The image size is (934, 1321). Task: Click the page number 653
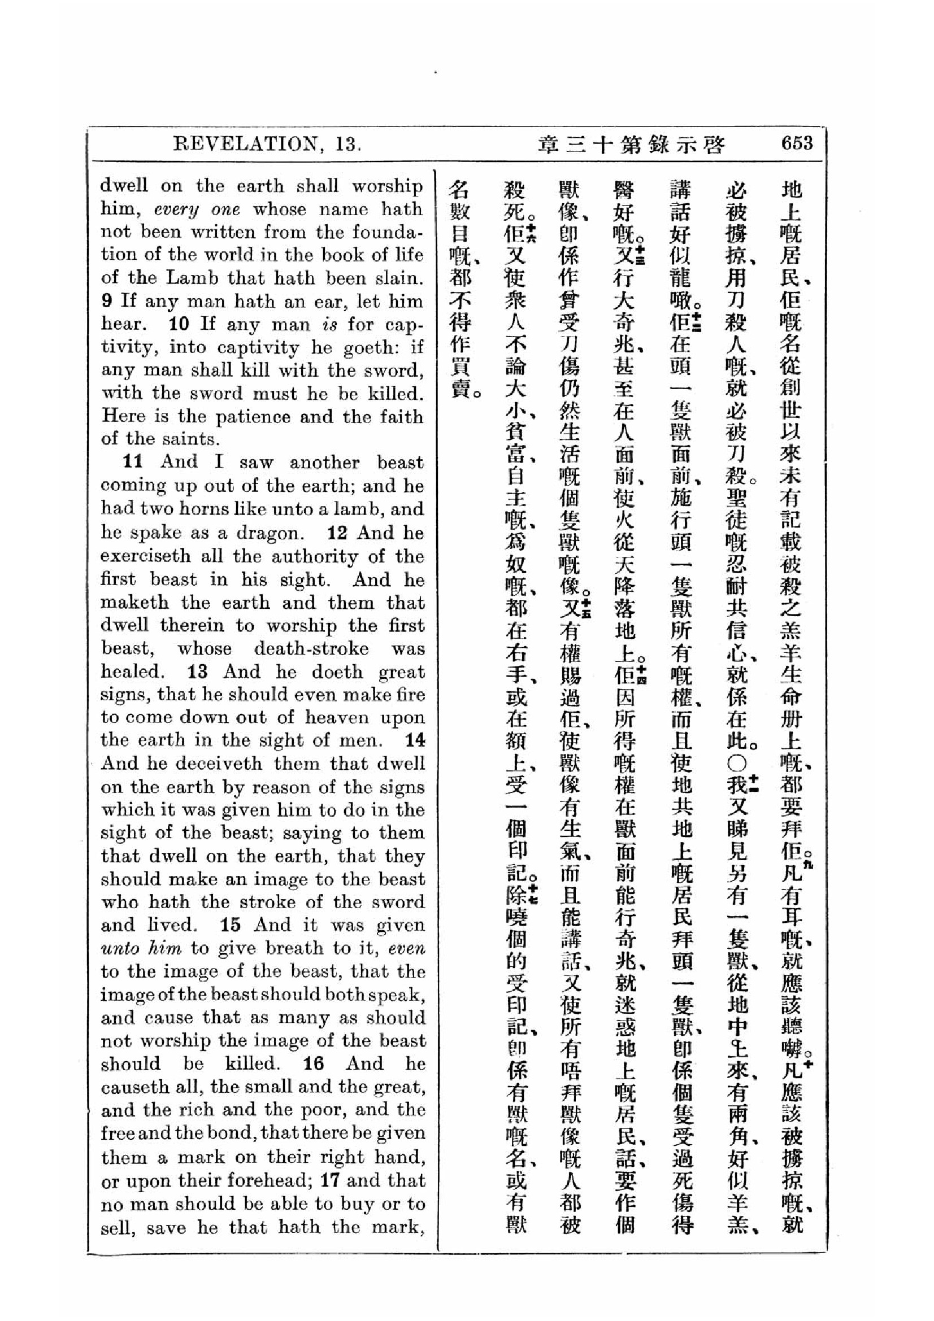[797, 143]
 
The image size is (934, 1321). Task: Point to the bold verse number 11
[133, 461]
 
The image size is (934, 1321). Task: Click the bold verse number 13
[197, 672]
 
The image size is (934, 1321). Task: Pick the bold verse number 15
[229, 925]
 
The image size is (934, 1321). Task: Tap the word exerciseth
[146, 556]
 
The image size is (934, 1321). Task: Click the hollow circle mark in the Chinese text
[738, 764]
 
